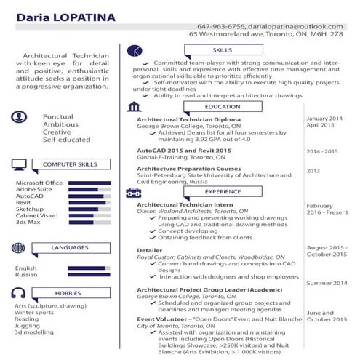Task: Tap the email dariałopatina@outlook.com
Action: tap(291, 25)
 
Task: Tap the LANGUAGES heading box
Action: tap(70, 248)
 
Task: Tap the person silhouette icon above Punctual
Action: tap(19, 118)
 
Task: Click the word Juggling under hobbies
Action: tap(28, 325)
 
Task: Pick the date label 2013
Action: tap(313, 171)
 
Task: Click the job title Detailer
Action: tap(150, 250)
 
